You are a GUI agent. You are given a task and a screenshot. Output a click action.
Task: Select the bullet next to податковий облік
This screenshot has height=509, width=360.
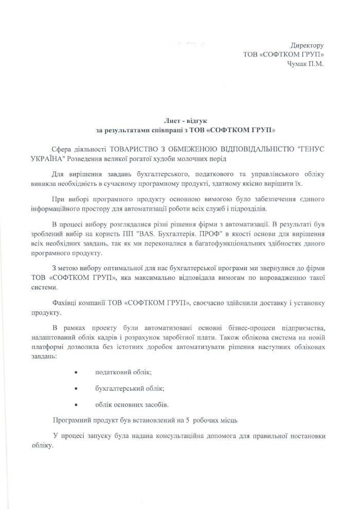[76, 372]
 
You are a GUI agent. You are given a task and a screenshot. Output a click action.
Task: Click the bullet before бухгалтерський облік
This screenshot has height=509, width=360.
[76, 388]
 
